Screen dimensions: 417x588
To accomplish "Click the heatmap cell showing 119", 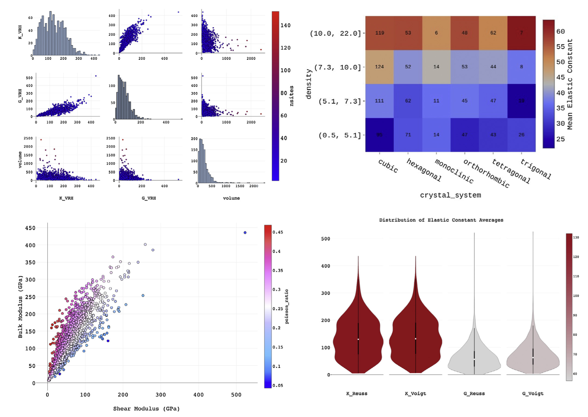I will click(380, 33).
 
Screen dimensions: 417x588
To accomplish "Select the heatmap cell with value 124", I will click(379, 67).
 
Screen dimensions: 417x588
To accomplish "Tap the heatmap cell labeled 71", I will click(408, 135).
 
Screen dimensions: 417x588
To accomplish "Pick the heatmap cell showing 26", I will click(521, 135).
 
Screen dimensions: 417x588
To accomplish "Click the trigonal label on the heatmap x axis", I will click(535, 169).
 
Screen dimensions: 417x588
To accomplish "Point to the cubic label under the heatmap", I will click(388, 166).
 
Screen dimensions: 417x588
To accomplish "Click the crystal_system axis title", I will click(450, 195).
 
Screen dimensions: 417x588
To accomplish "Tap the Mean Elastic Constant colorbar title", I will click(570, 84).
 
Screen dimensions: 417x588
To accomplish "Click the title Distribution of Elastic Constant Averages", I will click(441, 220).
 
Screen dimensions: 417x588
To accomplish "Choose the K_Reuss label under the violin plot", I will click(357, 394).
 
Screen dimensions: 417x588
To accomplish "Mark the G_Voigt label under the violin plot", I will click(533, 394).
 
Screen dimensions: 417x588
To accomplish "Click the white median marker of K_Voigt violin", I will click(416, 339).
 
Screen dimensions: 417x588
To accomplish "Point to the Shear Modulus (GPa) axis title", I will click(146, 409).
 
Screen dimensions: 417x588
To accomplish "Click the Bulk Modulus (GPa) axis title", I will click(20, 307).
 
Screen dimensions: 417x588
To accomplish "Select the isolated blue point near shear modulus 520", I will click(245, 232).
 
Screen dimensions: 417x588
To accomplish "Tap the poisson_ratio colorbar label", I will click(286, 306).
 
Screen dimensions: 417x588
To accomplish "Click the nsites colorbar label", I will click(291, 96).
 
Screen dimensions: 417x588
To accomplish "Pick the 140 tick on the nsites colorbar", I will click(285, 25).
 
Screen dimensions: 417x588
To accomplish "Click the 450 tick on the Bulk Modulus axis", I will click(30, 228).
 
